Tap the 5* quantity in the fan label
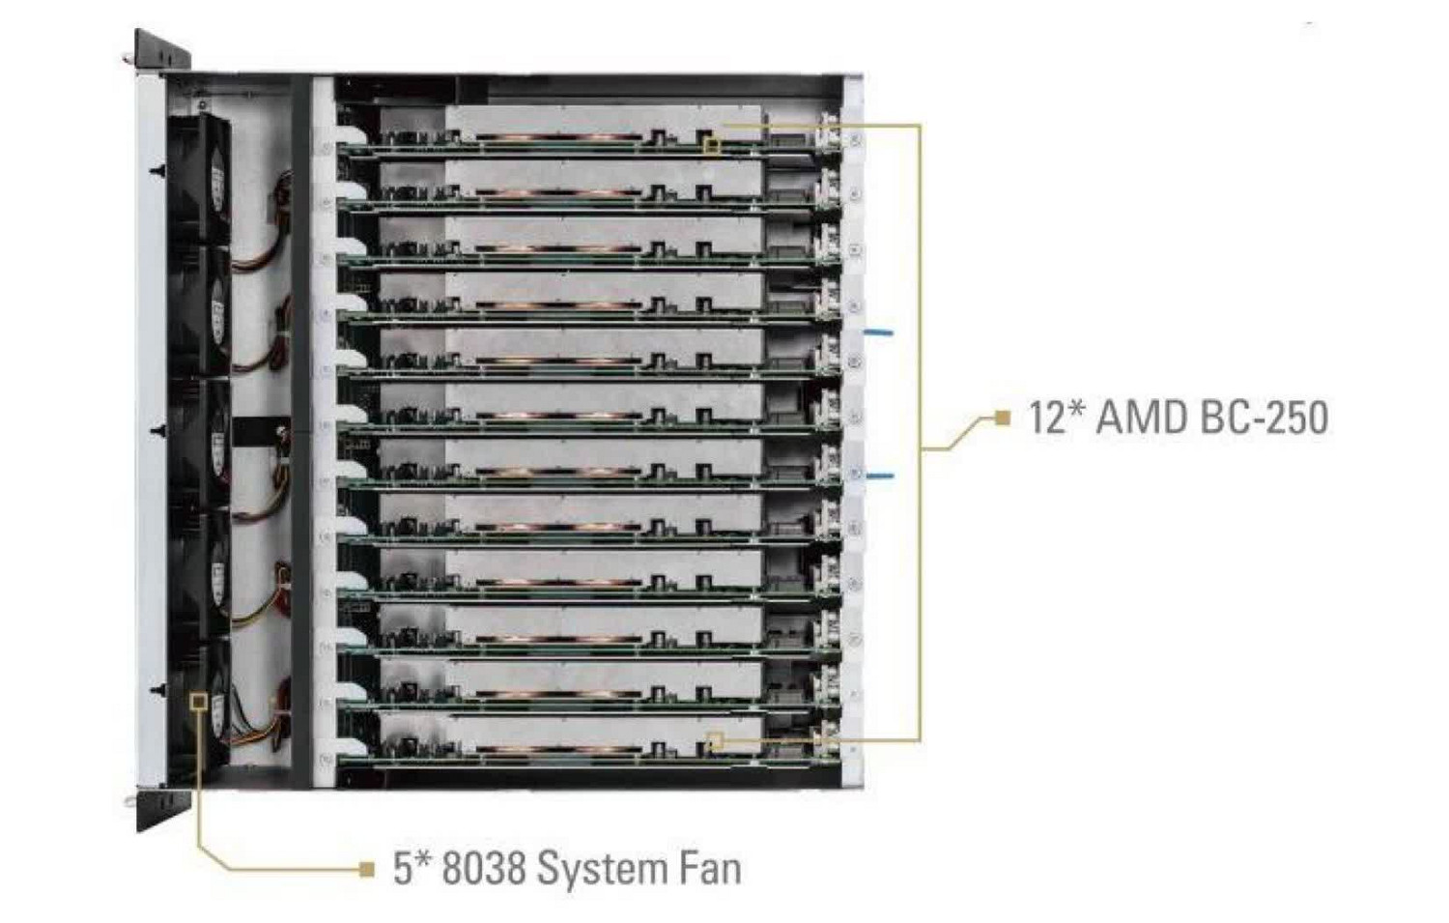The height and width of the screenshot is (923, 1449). (x=412, y=867)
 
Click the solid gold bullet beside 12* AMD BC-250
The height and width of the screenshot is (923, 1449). (x=1002, y=418)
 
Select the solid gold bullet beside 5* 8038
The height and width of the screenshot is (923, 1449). (x=366, y=869)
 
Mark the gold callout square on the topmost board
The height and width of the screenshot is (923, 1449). (x=712, y=146)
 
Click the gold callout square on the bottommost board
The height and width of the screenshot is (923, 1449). (x=715, y=741)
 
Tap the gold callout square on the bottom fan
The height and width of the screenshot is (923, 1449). (x=200, y=700)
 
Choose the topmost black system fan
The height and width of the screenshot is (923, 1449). (x=199, y=180)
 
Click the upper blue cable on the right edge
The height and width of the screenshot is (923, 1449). (x=880, y=332)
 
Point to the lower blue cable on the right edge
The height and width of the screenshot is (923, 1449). (x=880, y=476)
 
